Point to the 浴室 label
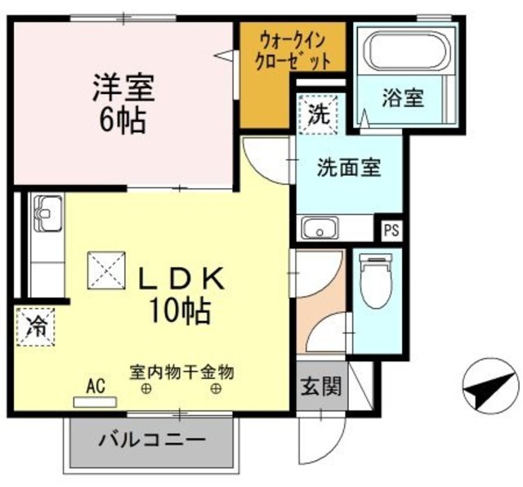coord(403,98)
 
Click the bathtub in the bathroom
coord(407,50)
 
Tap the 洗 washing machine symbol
coord(320,113)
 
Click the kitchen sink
coord(47,214)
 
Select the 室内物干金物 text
coord(181,372)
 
